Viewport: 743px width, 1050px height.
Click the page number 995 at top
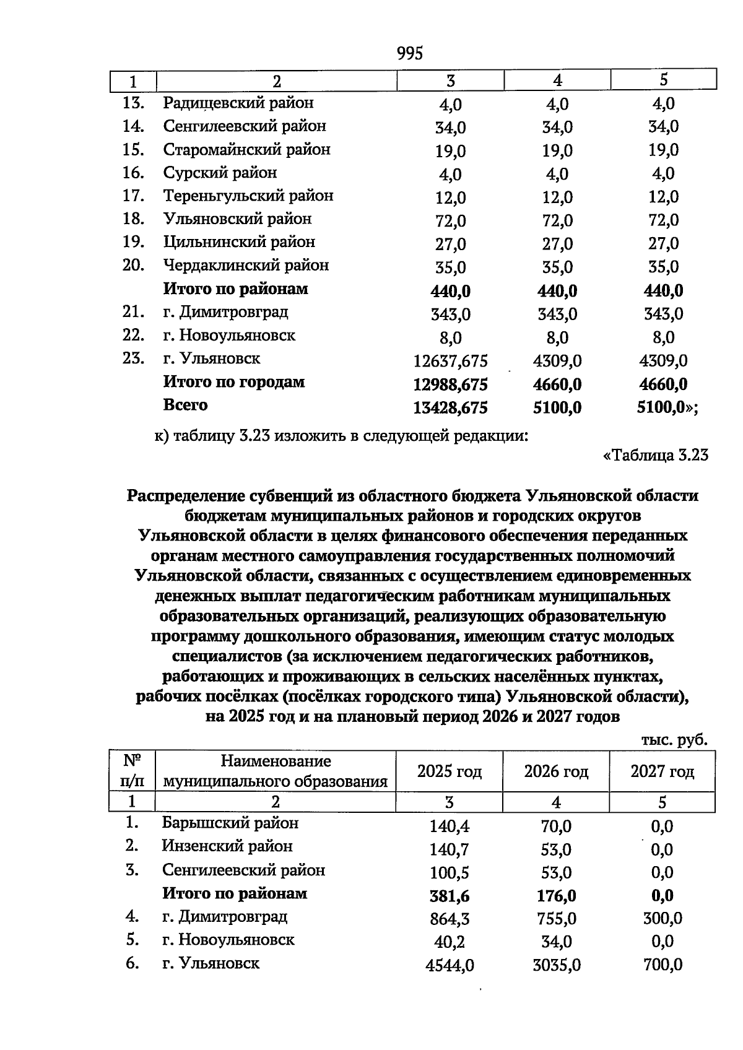click(x=409, y=53)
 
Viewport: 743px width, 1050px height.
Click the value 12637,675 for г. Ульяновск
click(x=450, y=361)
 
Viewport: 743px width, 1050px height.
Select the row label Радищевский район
click(x=238, y=103)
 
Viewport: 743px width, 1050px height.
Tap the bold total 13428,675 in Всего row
click(x=450, y=407)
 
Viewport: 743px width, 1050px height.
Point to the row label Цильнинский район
click(x=239, y=242)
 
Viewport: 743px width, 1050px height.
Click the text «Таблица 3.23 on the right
click(x=655, y=456)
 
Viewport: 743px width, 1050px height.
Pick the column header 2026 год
click(x=556, y=771)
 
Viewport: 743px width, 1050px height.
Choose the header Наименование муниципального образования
click(x=276, y=771)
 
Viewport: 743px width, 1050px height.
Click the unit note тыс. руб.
click(x=674, y=740)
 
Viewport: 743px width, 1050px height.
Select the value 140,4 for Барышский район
click(x=450, y=826)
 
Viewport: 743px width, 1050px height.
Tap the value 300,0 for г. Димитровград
click(x=662, y=918)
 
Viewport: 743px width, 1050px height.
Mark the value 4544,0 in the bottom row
click(x=450, y=965)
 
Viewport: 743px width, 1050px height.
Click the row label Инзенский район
click(x=227, y=846)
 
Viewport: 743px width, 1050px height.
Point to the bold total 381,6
click(x=450, y=896)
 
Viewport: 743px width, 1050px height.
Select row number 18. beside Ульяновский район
click(x=134, y=219)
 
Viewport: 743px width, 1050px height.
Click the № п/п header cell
click(x=132, y=771)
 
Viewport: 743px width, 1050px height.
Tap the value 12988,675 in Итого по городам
click(x=450, y=384)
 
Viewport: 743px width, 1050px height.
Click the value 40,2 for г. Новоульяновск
click(x=450, y=942)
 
